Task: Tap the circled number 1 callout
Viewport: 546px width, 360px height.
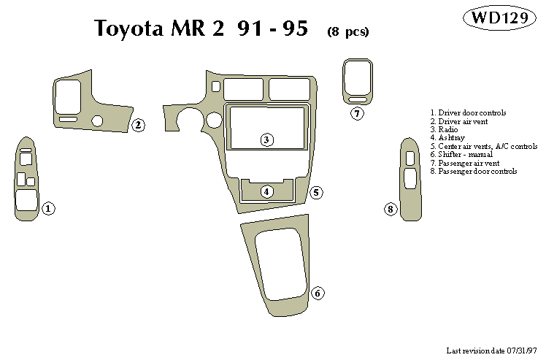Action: (48, 209)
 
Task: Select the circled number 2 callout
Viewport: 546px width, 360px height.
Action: (138, 126)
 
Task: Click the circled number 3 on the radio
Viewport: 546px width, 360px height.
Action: (267, 139)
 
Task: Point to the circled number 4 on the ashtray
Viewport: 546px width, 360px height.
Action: (267, 191)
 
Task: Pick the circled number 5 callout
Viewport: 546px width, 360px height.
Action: (316, 193)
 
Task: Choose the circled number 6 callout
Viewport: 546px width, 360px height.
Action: (318, 294)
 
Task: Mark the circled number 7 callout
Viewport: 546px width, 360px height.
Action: (356, 114)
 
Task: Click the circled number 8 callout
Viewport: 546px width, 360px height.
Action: (391, 210)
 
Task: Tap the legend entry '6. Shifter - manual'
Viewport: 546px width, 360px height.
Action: (461, 154)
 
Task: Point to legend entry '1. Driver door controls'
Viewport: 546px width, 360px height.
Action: (468, 112)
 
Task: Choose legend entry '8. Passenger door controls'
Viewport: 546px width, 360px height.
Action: (473, 171)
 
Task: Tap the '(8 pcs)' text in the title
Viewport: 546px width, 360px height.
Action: (348, 31)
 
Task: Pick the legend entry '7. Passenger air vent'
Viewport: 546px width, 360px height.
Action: (464, 163)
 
